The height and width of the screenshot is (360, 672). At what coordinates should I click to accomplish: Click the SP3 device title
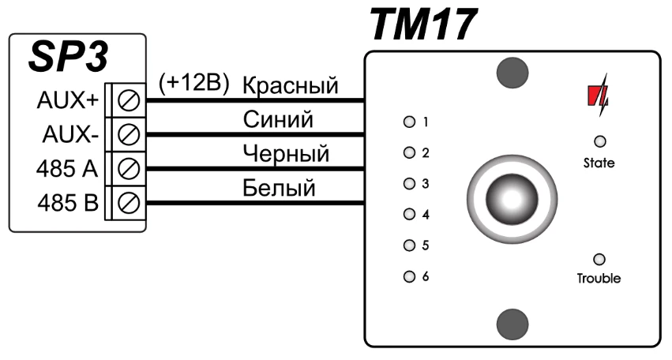[69, 57]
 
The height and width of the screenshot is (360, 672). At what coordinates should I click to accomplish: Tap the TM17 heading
[423, 24]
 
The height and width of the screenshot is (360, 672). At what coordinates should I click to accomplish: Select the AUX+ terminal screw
[129, 101]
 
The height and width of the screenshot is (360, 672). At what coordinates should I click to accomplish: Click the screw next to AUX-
[129, 134]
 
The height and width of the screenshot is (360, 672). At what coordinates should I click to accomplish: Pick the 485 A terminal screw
[129, 168]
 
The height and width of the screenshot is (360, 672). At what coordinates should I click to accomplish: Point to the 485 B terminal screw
[129, 202]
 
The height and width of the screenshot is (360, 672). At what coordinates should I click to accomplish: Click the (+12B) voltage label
[193, 83]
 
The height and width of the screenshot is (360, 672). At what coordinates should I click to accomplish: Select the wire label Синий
[278, 119]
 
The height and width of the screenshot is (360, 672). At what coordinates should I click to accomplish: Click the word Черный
[286, 154]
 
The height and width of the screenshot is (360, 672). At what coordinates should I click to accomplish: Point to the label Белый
[279, 188]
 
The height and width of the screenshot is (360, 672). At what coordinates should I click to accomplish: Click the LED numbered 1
[409, 122]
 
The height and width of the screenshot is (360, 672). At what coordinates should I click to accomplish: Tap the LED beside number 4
[409, 214]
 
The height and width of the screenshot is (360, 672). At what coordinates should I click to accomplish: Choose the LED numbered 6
[409, 276]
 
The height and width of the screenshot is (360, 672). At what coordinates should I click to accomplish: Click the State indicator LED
[599, 141]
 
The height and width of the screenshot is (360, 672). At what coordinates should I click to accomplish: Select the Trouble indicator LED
[599, 259]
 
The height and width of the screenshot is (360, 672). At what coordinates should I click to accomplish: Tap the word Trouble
[599, 278]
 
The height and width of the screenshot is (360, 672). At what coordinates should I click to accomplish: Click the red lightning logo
[598, 95]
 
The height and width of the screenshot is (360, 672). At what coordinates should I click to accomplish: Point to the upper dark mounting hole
[512, 73]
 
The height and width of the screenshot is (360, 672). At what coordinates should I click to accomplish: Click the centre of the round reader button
[512, 200]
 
